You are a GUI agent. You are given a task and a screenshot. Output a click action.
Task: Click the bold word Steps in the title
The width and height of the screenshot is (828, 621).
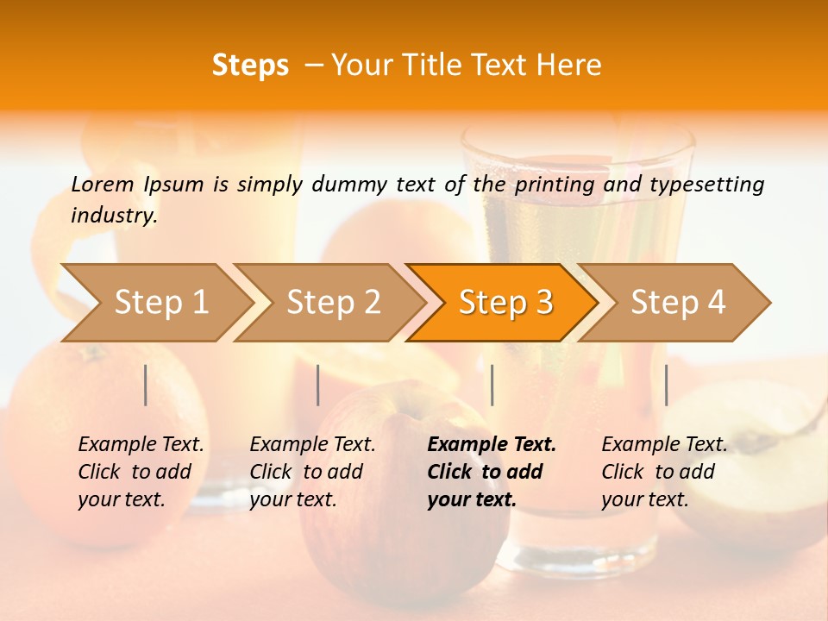click(x=250, y=66)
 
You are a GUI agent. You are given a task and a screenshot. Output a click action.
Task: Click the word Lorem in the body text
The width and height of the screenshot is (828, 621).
click(x=102, y=184)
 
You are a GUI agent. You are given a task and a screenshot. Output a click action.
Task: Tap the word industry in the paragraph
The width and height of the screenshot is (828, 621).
click(x=114, y=215)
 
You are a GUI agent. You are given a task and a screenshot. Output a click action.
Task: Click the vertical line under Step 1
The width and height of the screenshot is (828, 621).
click(x=146, y=385)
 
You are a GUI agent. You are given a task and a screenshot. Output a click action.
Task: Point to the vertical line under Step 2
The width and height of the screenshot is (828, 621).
click(x=318, y=385)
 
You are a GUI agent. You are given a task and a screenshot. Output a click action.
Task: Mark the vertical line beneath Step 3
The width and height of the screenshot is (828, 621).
click(x=492, y=385)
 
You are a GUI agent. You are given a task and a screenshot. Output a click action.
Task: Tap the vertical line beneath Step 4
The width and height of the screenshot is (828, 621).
click(x=666, y=385)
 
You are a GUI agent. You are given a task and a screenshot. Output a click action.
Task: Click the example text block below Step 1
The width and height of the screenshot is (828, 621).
click(x=141, y=472)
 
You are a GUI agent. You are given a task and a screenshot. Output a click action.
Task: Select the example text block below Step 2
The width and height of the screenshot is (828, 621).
click(x=312, y=472)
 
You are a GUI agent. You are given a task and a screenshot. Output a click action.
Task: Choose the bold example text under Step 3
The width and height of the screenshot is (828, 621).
click(x=491, y=472)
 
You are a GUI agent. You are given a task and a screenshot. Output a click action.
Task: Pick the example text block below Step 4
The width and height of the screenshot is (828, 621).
click(x=664, y=472)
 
